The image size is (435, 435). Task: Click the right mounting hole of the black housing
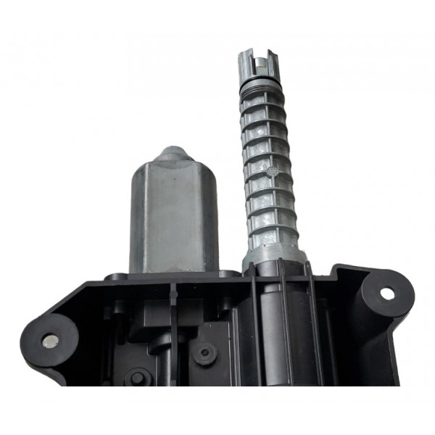[387, 294]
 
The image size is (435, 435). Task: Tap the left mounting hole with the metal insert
[50, 340]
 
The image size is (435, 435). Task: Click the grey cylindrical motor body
[174, 217]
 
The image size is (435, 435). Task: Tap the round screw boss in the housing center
[207, 353]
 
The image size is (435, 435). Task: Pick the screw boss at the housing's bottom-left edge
[138, 377]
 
